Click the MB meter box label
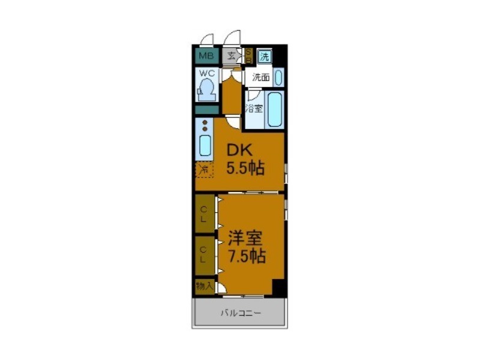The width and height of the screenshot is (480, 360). tap(206, 57)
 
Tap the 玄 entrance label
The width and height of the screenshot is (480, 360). tap(232, 57)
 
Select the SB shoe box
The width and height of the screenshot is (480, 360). tap(248, 56)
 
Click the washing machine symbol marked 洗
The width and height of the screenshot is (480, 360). tap(265, 57)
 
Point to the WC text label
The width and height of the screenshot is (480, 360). tap(206, 74)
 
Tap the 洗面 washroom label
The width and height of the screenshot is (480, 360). tap(260, 77)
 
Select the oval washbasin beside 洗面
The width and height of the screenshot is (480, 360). tap(278, 77)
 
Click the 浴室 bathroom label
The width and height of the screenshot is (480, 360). tap(254, 109)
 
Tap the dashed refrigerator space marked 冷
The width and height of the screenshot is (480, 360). tap(205, 170)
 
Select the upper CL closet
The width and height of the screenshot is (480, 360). tap(205, 214)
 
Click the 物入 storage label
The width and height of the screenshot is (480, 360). tap(205, 286)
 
